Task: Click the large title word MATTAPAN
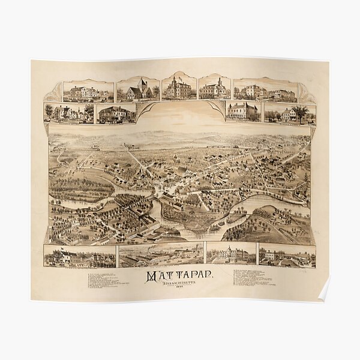point(179,277)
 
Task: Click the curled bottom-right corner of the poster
point(324,292)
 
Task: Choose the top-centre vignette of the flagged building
point(179,88)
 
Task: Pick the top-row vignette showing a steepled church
point(138,89)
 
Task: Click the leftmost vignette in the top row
point(88,92)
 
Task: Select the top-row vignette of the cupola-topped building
point(214,88)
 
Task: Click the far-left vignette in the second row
point(68,112)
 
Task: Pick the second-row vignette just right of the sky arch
point(243,111)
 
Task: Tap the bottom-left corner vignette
point(79,256)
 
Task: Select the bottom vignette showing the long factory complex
point(161,255)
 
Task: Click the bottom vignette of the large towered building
point(230,254)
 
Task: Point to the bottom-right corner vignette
point(286,255)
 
